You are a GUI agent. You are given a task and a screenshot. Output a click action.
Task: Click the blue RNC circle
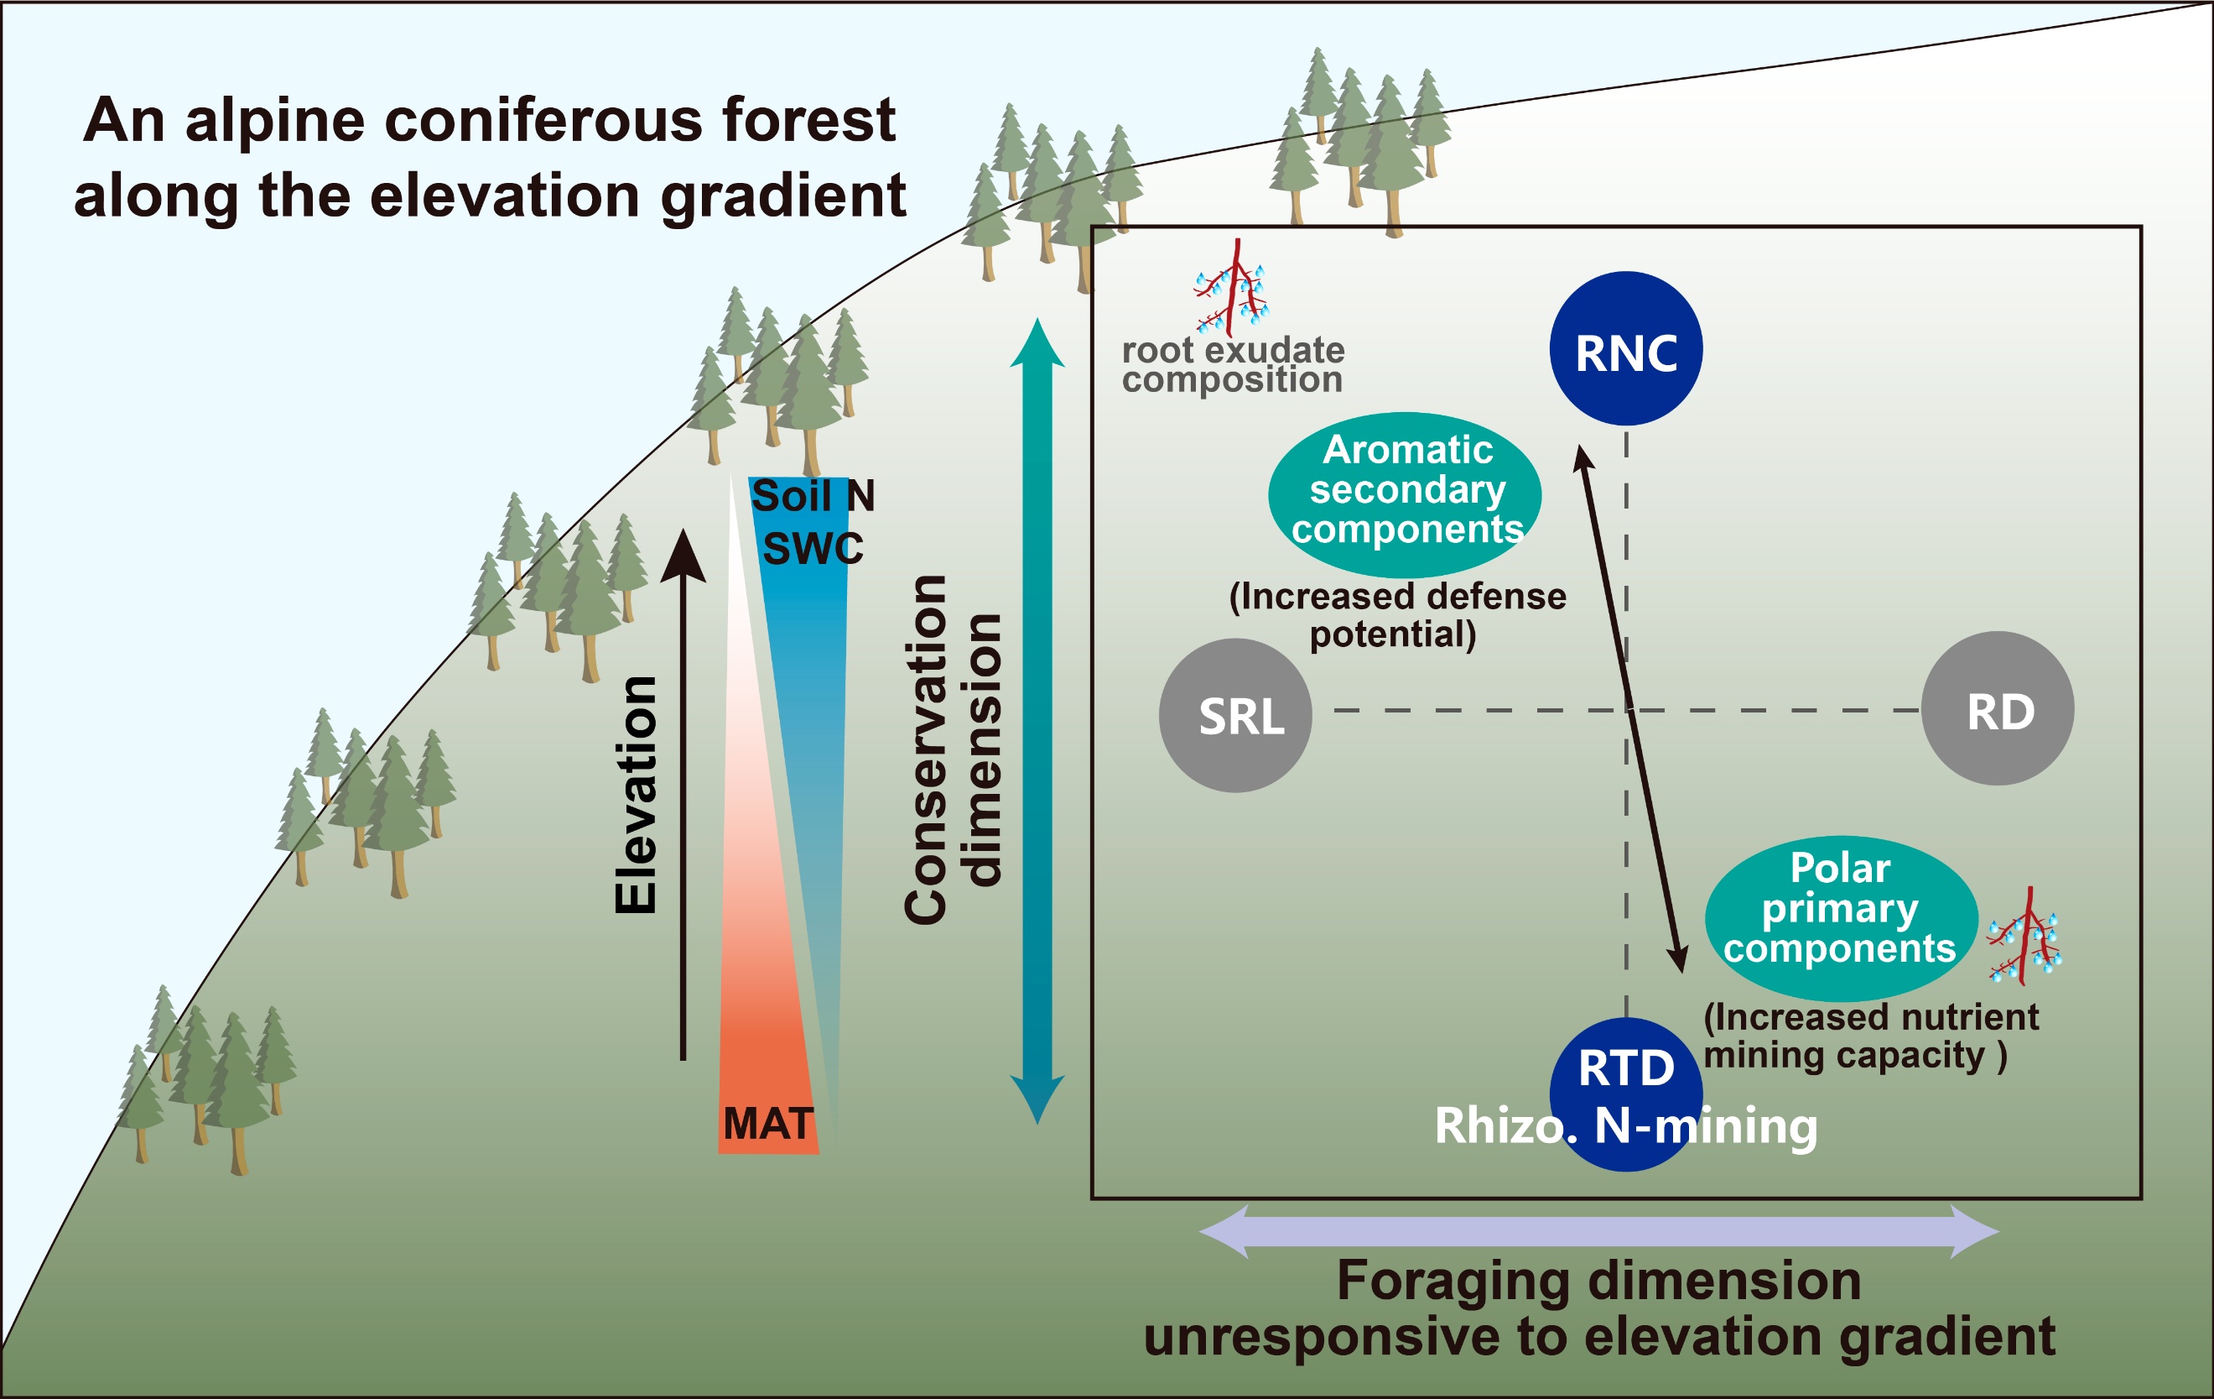pyautogui.click(x=1625, y=348)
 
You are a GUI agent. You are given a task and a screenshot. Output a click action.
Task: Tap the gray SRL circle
pyautogui.click(x=1235, y=716)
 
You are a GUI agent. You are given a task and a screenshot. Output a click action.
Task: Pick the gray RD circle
pyautogui.click(x=1998, y=709)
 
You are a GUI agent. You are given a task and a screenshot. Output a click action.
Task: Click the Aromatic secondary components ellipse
pyautogui.click(x=1405, y=494)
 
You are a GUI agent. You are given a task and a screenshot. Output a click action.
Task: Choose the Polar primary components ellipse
pyautogui.click(x=1841, y=916)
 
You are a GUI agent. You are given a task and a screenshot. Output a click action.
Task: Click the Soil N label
pyautogui.click(x=813, y=497)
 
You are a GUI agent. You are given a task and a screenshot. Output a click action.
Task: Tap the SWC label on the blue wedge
pyautogui.click(x=813, y=549)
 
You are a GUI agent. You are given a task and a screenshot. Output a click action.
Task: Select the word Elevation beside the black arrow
pyautogui.click(x=637, y=795)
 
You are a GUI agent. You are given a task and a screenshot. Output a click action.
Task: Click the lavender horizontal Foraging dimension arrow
pyautogui.click(x=1600, y=1230)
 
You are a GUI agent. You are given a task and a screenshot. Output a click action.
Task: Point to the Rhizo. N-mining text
pyautogui.click(x=1625, y=1125)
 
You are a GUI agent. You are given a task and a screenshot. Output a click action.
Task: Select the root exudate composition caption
pyautogui.click(x=1233, y=364)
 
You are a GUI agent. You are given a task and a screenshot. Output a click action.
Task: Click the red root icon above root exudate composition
pyautogui.click(x=1232, y=287)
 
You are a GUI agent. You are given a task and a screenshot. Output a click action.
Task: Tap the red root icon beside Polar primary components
pyautogui.click(x=2025, y=938)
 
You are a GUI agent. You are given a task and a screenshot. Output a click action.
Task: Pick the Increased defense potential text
pyautogui.click(x=1397, y=614)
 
